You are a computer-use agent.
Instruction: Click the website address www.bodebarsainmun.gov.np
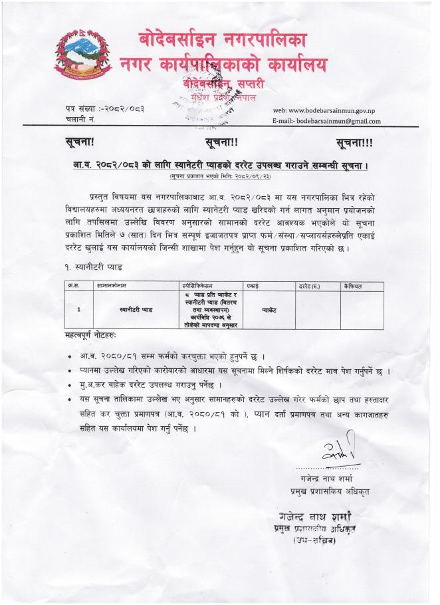click(326, 109)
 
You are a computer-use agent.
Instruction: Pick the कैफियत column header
click(353, 285)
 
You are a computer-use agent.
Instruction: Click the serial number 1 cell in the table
click(79, 309)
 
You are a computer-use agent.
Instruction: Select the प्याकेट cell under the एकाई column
click(269, 310)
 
